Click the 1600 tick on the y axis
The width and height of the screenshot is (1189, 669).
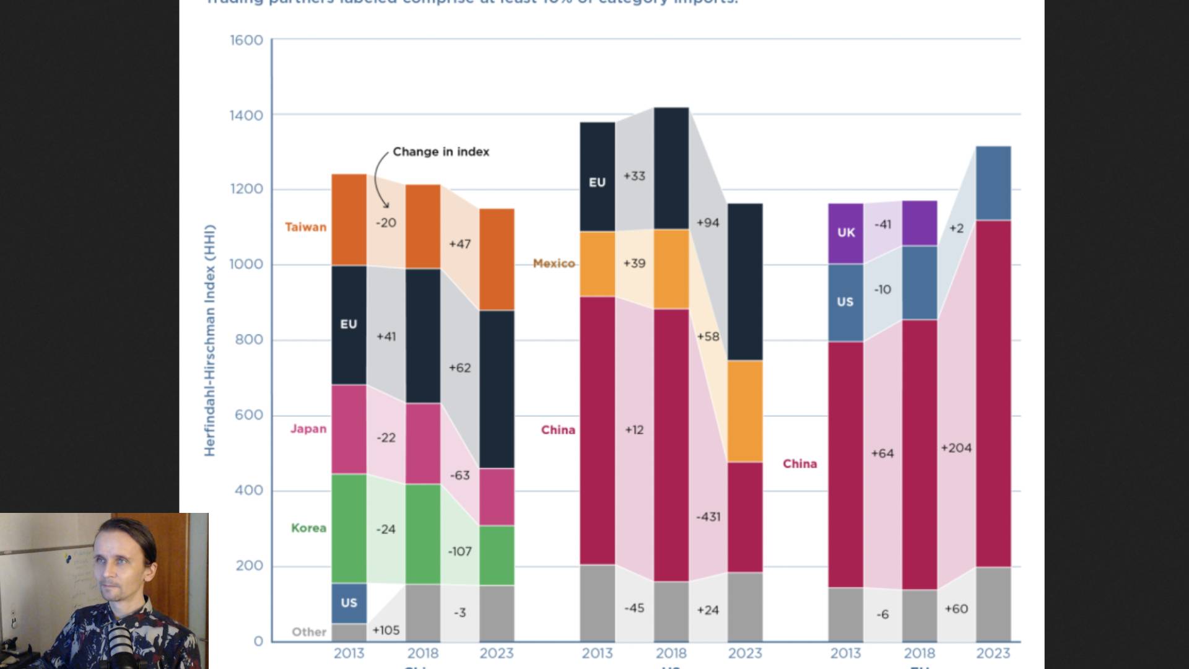tap(246, 40)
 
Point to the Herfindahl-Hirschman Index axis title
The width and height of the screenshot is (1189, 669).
tap(210, 341)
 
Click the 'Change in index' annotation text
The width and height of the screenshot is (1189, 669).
tap(440, 152)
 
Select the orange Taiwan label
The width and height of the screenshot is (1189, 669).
tap(305, 227)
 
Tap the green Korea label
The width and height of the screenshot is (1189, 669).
tap(308, 528)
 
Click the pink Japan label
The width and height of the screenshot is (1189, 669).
tap(308, 429)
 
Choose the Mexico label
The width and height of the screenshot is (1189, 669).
tap(554, 263)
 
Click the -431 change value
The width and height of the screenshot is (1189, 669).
tap(708, 517)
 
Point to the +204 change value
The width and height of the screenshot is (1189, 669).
tap(956, 448)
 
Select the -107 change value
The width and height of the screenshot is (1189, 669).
tap(459, 551)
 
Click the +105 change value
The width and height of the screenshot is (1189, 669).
tap(386, 630)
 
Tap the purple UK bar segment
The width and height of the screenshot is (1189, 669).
tap(846, 233)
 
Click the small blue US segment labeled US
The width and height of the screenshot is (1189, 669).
tap(349, 603)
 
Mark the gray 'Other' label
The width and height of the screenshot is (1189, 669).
tap(309, 632)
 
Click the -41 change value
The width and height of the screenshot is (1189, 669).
tap(882, 224)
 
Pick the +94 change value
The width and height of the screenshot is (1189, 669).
tap(708, 222)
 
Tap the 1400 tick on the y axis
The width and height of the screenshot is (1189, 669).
tap(246, 115)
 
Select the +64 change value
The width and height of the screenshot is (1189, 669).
tap(882, 453)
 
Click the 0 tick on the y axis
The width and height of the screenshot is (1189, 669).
tap(258, 641)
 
